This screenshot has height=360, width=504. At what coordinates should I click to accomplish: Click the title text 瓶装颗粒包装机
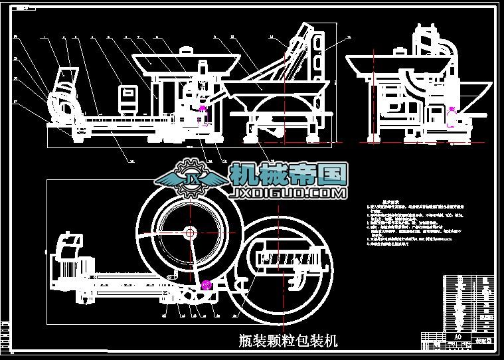click(x=288, y=341)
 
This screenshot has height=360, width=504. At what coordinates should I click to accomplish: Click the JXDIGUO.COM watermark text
click(x=286, y=194)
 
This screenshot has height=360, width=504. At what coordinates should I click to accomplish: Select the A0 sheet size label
click(x=456, y=336)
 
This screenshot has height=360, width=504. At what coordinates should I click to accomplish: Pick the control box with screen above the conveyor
click(x=127, y=97)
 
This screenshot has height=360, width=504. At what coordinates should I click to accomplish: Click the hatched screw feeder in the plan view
click(x=290, y=256)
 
